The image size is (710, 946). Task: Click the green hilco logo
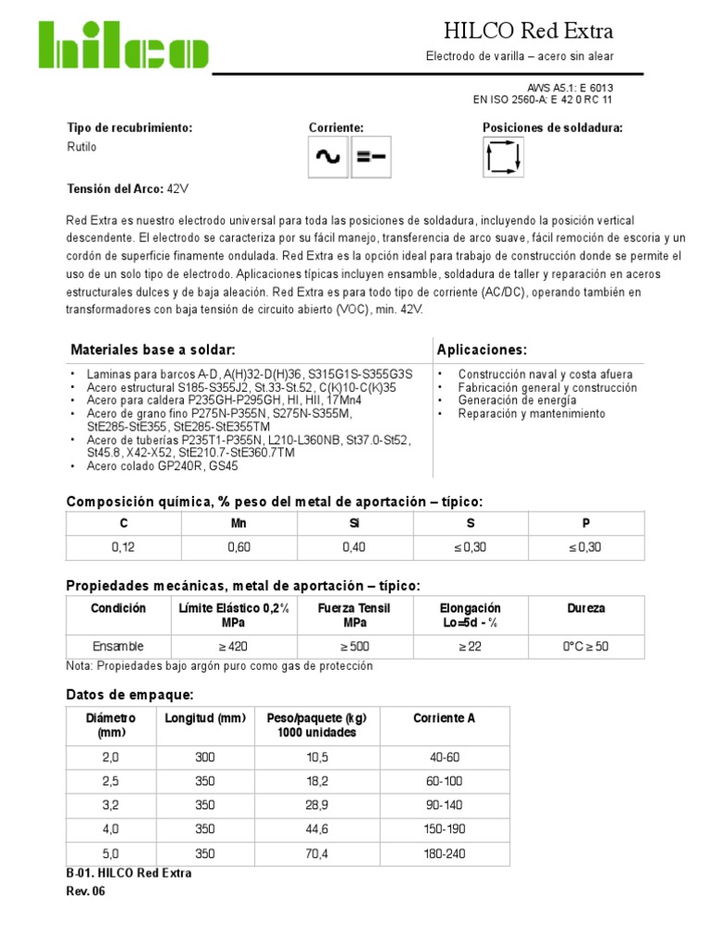pos(123,45)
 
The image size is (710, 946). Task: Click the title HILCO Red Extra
pos(529,31)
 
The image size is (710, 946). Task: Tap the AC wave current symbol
pos(327,158)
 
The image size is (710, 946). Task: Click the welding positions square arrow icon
pos(503,157)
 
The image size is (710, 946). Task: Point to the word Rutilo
pos(81,147)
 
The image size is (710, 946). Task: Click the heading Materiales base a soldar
pos(153,349)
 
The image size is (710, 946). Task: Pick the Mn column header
pos(239,522)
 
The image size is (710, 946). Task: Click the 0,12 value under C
pos(123,547)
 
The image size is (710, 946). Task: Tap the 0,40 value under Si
pos(354,547)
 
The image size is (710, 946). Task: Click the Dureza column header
pos(586,609)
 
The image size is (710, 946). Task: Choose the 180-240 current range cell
pos(444,855)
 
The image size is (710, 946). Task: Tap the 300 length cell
pos(204,757)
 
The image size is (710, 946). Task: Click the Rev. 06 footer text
pos(87,891)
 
